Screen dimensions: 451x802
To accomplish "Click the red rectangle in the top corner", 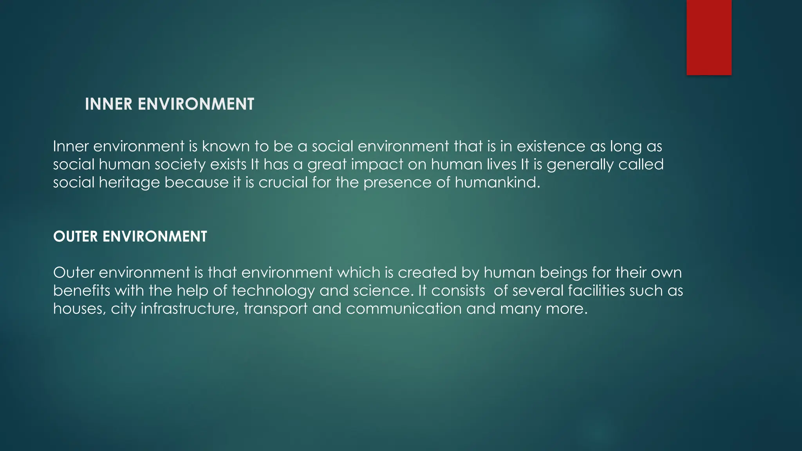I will click(x=709, y=37).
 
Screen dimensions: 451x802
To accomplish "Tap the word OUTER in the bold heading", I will click(x=75, y=236).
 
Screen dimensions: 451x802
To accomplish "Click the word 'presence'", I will click(x=397, y=182).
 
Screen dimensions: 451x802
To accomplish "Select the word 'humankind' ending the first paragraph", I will click(x=497, y=182).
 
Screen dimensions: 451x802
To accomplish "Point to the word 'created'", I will click(x=427, y=272).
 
